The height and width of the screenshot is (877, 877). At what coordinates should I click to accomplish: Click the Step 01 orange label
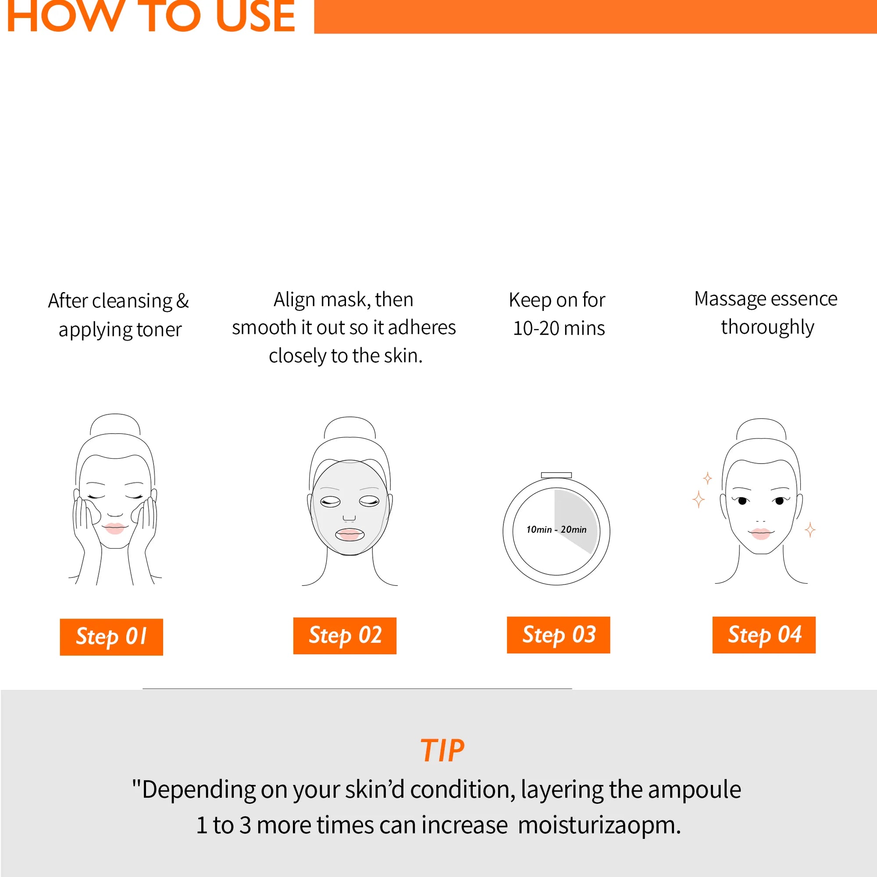coord(111,636)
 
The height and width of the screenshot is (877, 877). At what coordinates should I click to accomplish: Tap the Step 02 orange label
coord(345,635)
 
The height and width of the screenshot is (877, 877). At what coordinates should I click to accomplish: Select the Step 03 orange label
coord(558,635)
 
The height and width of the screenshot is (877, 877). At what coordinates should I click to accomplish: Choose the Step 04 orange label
coord(764,635)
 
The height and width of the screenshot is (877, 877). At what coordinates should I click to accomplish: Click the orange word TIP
coord(442,750)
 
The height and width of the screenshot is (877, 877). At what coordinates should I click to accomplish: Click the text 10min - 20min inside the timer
coord(556,529)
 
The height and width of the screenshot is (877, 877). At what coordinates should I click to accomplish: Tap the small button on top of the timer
coord(556,475)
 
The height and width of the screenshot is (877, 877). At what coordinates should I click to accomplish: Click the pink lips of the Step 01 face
coord(114,528)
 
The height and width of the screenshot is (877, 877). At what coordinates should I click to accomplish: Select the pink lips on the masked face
coord(349,534)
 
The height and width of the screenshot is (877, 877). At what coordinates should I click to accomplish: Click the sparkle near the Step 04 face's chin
coord(810,530)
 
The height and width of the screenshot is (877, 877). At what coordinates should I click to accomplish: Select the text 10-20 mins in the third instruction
coord(559,328)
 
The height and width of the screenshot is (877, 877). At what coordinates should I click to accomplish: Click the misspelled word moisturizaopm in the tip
coord(599,825)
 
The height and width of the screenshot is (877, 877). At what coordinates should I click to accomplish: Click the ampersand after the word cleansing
coord(182,301)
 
